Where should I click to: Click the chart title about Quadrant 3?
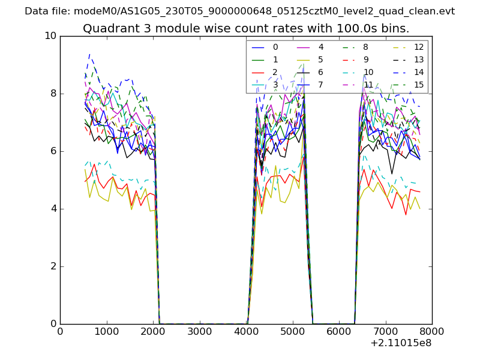click(246, 28)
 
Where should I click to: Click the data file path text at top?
click(239, 11)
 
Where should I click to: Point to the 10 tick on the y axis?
click(50, 36)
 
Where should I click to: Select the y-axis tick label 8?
click(52, 94)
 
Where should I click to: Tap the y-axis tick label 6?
click(52, 151)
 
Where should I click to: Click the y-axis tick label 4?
click(52, 209)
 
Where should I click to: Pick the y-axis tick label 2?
click(52, 266)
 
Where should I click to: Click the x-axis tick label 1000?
click(106, 331)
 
